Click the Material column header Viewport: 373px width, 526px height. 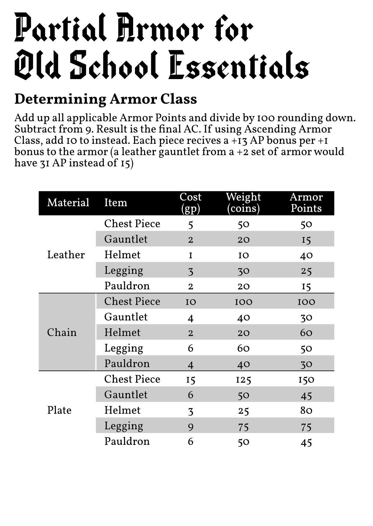tap(68, 203)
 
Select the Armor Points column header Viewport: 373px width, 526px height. tap(306, 203)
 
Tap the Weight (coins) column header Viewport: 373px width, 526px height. tap(243, 203)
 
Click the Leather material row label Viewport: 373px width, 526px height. tap(66, 255)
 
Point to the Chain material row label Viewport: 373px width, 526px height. tap(62, 332)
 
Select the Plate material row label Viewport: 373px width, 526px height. tap(60, 410)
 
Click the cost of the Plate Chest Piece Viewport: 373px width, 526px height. tap(191, 380)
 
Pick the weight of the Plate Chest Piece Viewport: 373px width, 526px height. tap(243, 380)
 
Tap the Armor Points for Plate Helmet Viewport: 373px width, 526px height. tap(306, 411)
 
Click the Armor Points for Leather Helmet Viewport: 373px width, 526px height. tap(306, 255)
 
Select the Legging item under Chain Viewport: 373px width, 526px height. tap(124, 348)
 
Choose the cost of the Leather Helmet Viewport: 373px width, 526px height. tap(191, 255)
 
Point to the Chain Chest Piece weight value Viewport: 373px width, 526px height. tap(243, 302)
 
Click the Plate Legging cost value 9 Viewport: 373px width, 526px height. tap(191, 426)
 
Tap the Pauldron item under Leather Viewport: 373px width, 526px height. tap(127, 286)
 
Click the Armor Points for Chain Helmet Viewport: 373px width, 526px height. tap(306, 333)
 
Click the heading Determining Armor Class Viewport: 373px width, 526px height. tap(105, 99)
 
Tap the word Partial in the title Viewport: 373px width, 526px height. tap(60, 28)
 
